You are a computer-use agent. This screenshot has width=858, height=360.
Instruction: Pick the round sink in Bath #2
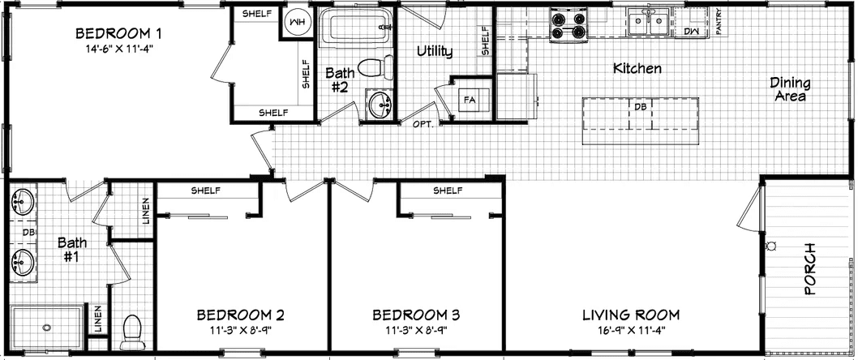pos(378,105)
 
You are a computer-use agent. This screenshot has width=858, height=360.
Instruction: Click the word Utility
pos(434,52)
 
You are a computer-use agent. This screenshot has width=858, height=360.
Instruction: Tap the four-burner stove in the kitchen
pos(568,24)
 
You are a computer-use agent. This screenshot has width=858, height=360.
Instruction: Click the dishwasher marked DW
pos(691,30)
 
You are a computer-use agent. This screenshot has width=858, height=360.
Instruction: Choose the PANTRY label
pos(719,24)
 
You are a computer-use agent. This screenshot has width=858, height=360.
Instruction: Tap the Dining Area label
pos(787,89)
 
